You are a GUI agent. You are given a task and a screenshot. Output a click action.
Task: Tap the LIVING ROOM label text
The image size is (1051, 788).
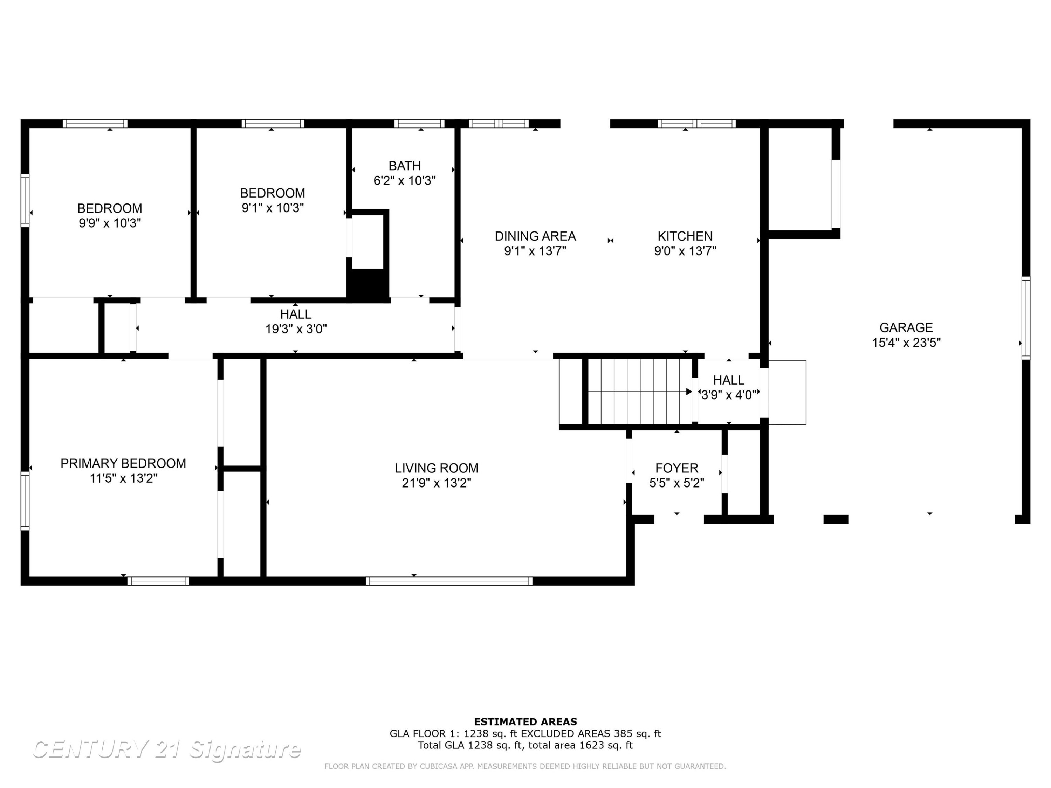[x=437, y=468]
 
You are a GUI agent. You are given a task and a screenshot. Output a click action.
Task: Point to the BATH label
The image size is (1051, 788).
[x=405, y=166]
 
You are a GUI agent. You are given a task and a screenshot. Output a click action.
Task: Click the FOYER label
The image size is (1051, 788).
[x=676, y=468]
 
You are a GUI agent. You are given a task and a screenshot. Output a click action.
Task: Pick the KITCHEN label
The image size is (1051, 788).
[x=685, y=236]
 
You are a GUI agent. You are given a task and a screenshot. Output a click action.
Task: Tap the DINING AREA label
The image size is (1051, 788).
[x=535, y=236]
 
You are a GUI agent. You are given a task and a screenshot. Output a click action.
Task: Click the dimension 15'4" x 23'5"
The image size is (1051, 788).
[x=906, y=343]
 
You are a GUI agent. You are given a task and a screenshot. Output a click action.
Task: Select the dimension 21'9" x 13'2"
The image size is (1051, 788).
[x=437, y=483]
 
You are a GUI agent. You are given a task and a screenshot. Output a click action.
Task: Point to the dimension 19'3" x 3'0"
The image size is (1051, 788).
[x=296, y=329]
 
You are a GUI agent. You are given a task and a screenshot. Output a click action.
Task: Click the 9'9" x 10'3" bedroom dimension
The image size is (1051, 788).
[x=110, y=223]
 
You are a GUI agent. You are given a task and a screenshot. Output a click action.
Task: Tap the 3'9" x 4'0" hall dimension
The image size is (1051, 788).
[x=729, y=395]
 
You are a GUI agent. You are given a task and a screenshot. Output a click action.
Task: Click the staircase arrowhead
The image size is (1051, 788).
[x=689, y=392]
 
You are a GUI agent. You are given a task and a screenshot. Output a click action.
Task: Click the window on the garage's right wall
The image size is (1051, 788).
[x=1026, y=318]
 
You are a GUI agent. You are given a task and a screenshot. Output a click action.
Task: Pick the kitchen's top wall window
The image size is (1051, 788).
[x=696, y=124]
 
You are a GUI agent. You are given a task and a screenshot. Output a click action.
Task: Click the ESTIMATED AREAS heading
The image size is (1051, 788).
[x=525, y=722]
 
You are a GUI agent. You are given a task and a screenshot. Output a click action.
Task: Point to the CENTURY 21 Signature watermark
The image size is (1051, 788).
[x=166, y=749]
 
